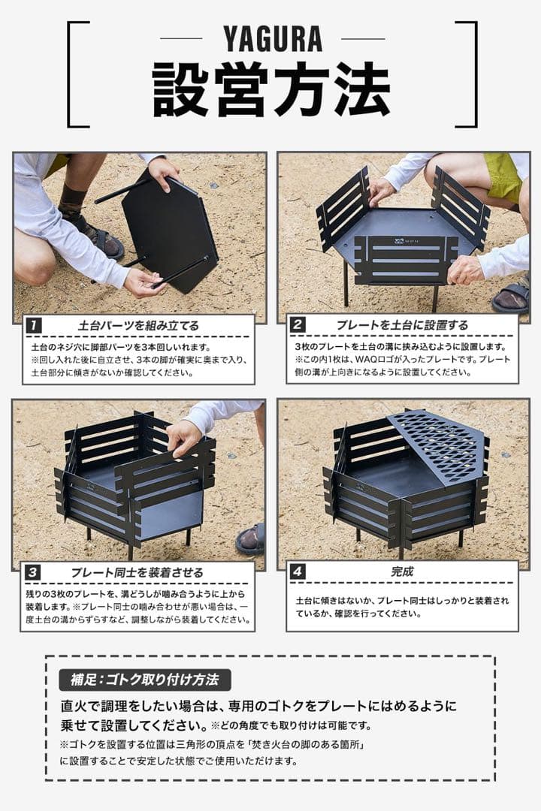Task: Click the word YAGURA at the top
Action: [x=272, y=38]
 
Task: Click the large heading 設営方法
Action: [x=271, y=89]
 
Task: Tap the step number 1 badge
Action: [x=34, y=326]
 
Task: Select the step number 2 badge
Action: [x=298, y=325]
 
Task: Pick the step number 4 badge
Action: [x=298, y=572]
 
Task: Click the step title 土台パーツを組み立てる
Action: [x=139, y=326]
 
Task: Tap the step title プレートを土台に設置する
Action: [x=402, y=325]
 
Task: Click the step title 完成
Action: [x=402, y=571]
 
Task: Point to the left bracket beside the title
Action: [x=75, y=74]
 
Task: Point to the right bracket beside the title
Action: [x=469, y=74]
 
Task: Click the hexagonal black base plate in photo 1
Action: [x=171, y=228]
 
